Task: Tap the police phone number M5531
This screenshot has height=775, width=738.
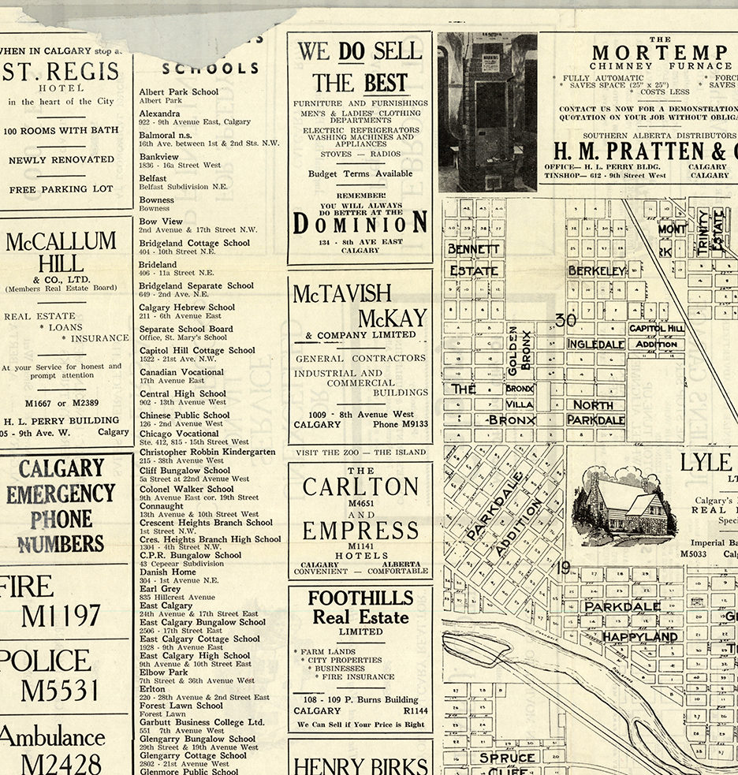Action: pyautogui.click(x=60, y=690)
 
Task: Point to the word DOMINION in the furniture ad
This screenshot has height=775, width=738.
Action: pyautogui.click(x=360, y=224)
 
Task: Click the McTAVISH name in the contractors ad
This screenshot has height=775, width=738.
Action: pyautogui.click(x=342, y=294)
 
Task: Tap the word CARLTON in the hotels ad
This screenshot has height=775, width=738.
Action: pyautogui.click(x=360, y=487)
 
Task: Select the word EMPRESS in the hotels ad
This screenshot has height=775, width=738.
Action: pyautogui.click(x=360, y=530)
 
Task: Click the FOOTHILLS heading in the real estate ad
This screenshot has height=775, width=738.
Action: pyautogui.click(x=360, y=598)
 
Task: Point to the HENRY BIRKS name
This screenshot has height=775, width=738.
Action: pyautogui.click(x=360, y=765)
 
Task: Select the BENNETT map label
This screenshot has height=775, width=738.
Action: pyautogui.click(x=474, y=249)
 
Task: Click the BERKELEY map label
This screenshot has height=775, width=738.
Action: pyautogui.click(x=597, y=271)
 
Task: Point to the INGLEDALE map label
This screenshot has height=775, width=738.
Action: pyautogui.click(x=596, y=345)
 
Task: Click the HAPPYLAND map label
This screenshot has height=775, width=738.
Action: pyautogui.click(x=640, y=636)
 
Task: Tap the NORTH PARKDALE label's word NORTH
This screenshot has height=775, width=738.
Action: pyautogui.click(x=593, y=404)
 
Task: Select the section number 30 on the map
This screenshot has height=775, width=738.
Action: pyautogui.click(x=565, y=320)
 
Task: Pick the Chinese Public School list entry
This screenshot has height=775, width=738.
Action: pyautogui.click(x=184, y=415)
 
